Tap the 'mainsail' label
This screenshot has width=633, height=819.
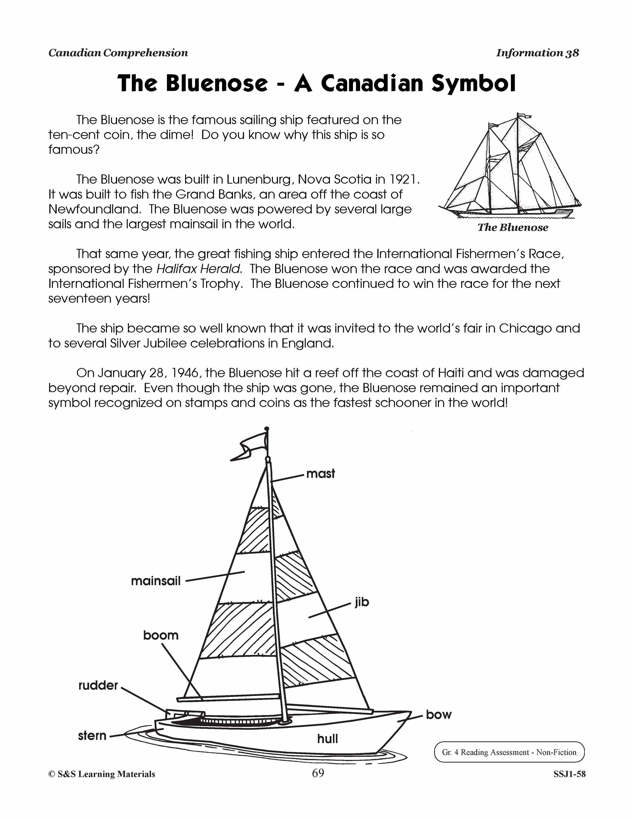pyautogui.click(x=156, y=581)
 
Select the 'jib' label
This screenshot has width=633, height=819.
pyautogui.click(x=362, y=602)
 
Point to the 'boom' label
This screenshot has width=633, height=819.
pyautogui.click(x=161, y=635)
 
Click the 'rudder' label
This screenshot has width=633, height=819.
pyautogui.click(x=98, y=685)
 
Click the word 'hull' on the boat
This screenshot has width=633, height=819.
pyautogui.click(x=327, y=739)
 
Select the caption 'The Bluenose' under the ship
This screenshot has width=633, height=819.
pyautogui.click(x=513, y=228)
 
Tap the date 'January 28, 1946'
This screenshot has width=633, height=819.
pyautogui.click(x=149, y=373)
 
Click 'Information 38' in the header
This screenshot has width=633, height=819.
pyautogui.click(x=537, y=53)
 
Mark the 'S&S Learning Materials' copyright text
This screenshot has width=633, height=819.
pyautogui.click(x=102, y=774)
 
